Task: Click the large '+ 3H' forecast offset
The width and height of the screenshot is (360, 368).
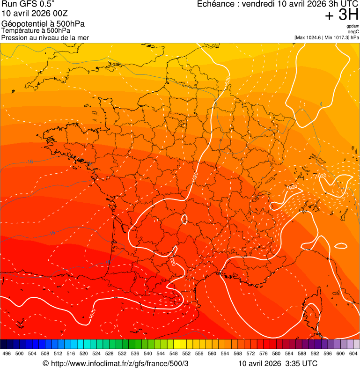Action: tap(342, 15)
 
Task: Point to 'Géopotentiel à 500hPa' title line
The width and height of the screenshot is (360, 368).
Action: tap(44, 24)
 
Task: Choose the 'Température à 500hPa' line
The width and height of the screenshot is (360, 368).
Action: tap(36, 30)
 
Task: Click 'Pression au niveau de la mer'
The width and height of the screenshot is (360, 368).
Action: tap(45, 37)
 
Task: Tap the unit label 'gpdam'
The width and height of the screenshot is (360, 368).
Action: tap(353, 26)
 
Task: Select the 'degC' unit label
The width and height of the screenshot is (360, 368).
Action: tap(354, 32)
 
